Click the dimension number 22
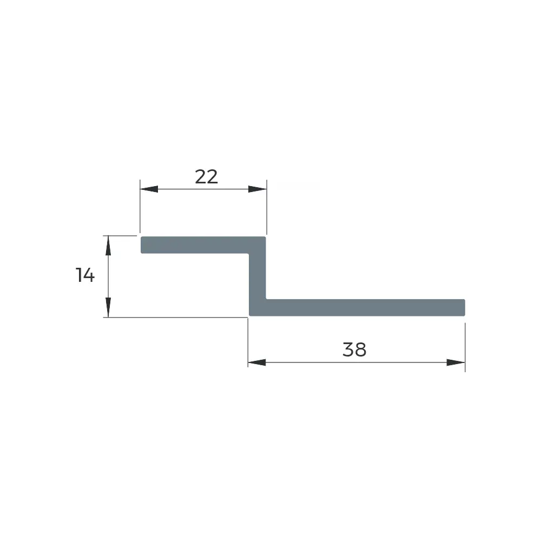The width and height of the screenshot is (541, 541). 206,177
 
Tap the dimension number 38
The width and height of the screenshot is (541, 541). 354,349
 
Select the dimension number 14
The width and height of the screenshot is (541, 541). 85,275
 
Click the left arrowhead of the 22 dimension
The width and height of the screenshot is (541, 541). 149,189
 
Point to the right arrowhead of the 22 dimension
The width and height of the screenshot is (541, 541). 258,189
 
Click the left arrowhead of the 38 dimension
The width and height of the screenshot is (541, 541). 257,362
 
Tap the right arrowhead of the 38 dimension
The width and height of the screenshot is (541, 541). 456,362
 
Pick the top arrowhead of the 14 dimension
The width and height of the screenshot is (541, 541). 108,245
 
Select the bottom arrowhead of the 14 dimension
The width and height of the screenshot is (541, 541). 108,307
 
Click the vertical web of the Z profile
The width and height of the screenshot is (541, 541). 258,276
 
